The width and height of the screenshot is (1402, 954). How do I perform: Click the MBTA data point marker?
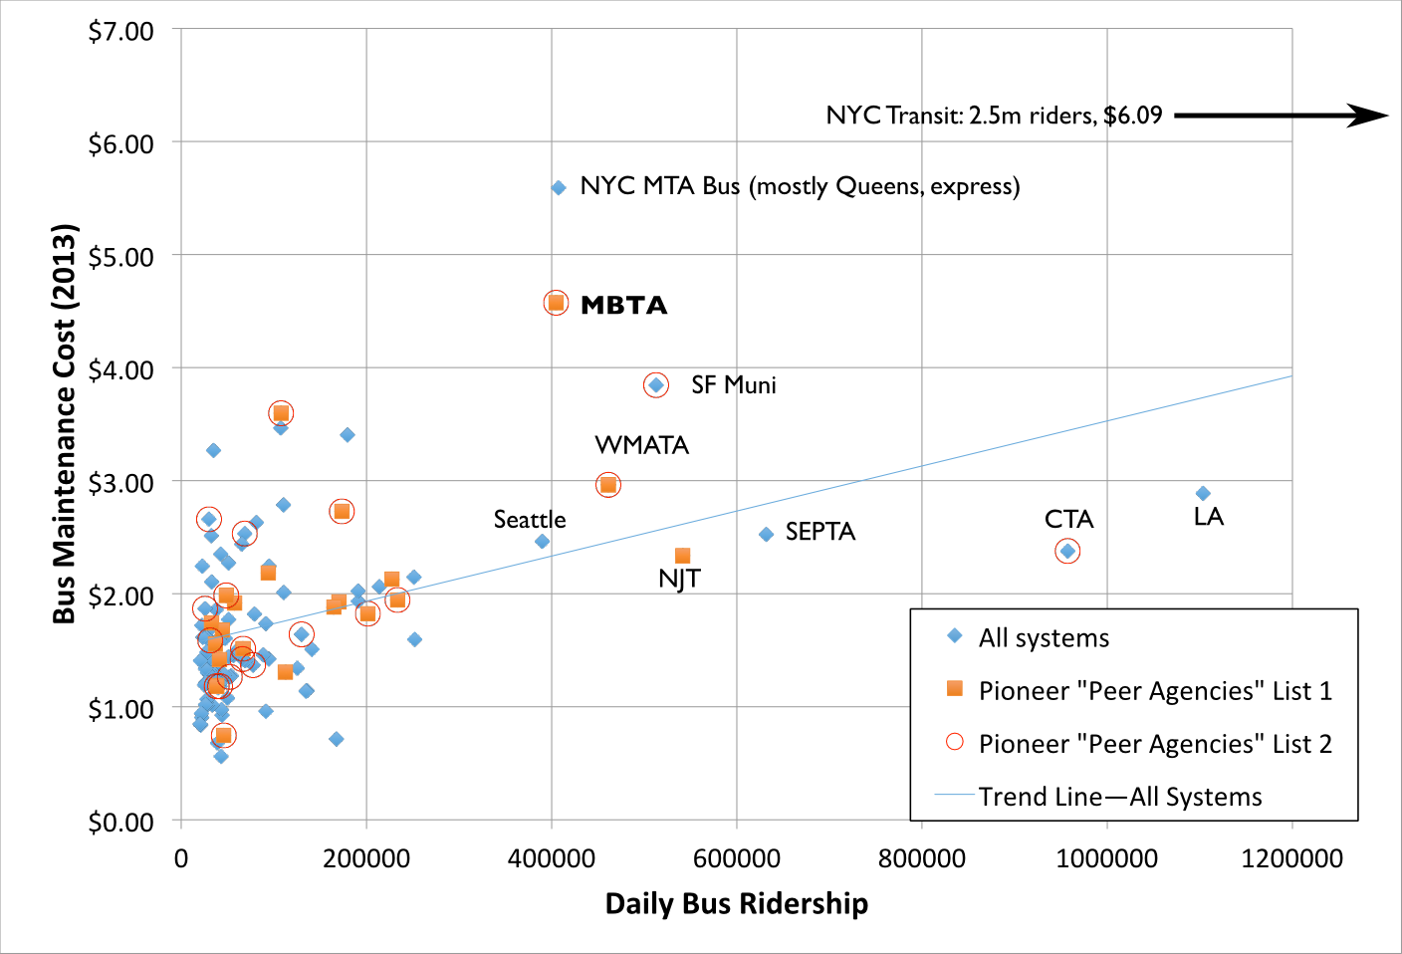point(556,303)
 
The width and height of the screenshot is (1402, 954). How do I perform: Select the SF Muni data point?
point(655,384)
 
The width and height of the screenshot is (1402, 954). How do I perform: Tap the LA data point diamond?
point(1203,494)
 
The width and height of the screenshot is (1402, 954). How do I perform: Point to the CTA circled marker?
point(1067,551)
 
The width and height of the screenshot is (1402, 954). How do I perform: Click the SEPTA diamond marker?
point(766,535)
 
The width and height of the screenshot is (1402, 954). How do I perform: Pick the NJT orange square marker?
point(682,556)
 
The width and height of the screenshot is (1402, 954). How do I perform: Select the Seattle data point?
point(542,542)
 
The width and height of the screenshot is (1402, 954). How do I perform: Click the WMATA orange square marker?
point(607,485)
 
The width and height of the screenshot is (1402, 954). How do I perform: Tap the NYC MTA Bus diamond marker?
point(559,187)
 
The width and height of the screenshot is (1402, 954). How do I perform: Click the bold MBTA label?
point(623,306)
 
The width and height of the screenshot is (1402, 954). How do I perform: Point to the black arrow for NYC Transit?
point(1281,116)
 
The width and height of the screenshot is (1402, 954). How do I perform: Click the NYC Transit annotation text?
point(994,116)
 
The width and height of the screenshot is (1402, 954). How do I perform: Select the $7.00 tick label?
point(121,31)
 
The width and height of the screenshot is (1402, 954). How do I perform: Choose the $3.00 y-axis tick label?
point(121,483)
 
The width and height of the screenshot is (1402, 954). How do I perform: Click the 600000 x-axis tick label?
point(737,858)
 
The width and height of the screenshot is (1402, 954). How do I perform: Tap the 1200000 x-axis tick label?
point(1291,858)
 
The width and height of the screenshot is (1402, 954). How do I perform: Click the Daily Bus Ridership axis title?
point(737,904)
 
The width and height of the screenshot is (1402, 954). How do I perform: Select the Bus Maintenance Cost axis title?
point(65,423)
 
